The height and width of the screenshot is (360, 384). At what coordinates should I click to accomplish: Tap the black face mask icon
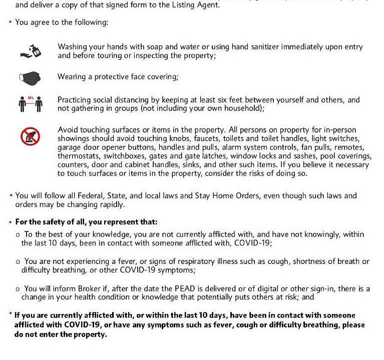click(30, 77)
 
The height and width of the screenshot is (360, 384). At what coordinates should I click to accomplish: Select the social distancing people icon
click(30, 104)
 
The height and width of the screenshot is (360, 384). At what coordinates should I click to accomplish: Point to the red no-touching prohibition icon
click(30, 136)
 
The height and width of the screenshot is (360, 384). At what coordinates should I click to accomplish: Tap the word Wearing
click(72, 76)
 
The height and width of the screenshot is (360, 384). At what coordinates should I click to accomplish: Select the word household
click(243, 108)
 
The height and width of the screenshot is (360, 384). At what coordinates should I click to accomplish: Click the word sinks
click(177, 164)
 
